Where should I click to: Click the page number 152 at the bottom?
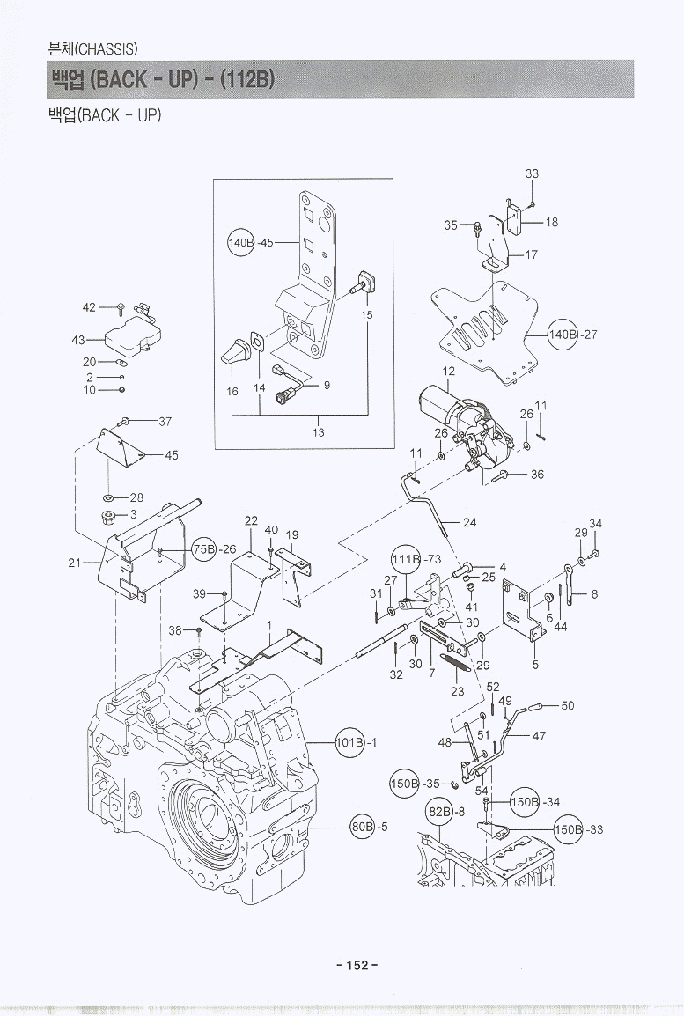[x=357, y=965]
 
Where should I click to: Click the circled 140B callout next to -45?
[x=241, y=243]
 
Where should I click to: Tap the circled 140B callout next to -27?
[x=562, y=335]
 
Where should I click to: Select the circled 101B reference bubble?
[x=349, y=742]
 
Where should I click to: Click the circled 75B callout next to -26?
[x=204, y=548]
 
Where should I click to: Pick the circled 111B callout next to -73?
[x=405, y=560]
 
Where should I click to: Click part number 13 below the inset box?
[x=319, y=431]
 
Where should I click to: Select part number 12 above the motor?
[x=449, y=372]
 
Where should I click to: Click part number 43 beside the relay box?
[x=77, y=340]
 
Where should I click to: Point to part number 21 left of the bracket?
[x=75, y=563]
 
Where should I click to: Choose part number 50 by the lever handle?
[x=567, y=705]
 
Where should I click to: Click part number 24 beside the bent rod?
[x=469, y=522]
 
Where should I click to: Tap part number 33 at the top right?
[x=532, y=174]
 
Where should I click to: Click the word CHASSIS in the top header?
[x=108, y=48]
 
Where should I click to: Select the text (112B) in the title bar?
[x=249, y=79]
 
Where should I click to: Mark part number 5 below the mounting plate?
[x=534, y=665]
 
